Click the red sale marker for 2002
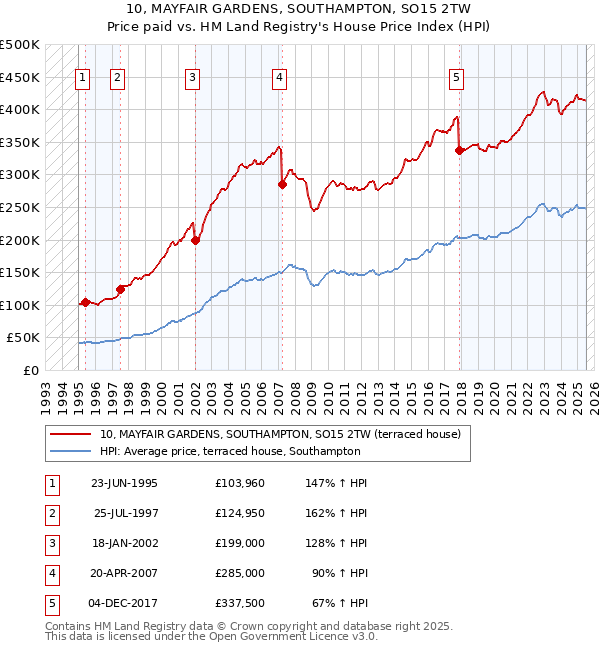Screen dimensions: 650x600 coord(196,240)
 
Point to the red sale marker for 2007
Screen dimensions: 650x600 coord(282,184)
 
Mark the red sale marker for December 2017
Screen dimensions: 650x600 coord(459,150)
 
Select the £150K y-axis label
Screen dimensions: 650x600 coord(20,272)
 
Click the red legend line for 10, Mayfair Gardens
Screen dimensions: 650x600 coord(70,434)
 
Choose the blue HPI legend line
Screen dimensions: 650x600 coord(70,451)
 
